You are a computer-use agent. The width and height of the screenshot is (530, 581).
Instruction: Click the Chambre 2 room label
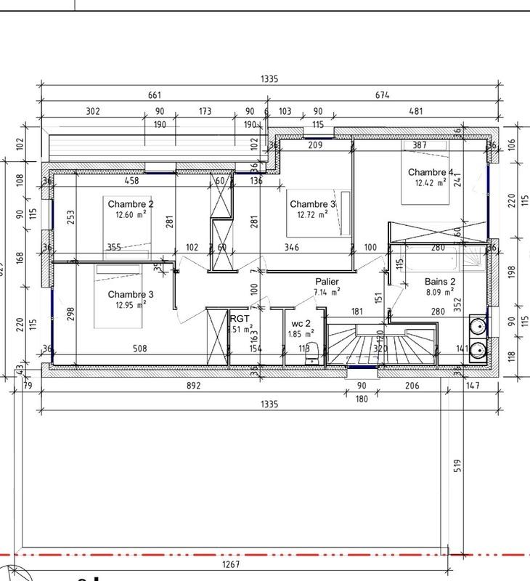click(x=131, y=204)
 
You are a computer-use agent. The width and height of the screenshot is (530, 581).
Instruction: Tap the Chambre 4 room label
click(x=431, y=173)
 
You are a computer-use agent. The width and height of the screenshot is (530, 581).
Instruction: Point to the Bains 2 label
click(x=440, y=282)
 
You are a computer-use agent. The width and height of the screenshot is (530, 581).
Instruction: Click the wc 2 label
click(x=301, y=323)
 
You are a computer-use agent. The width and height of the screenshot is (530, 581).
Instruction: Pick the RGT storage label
click(x=240, y=319)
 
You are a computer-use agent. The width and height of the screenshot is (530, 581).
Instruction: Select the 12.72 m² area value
click(x=312, y=215)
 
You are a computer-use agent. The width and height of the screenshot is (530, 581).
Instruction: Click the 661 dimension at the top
click(x=154, y=95)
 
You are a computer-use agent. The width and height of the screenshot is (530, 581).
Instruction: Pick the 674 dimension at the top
click(x=382, y=95)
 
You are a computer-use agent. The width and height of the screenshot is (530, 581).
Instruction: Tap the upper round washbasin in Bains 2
click(x=477, y=325)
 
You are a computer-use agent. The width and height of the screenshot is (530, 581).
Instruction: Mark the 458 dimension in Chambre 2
click(x=131, y=180)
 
